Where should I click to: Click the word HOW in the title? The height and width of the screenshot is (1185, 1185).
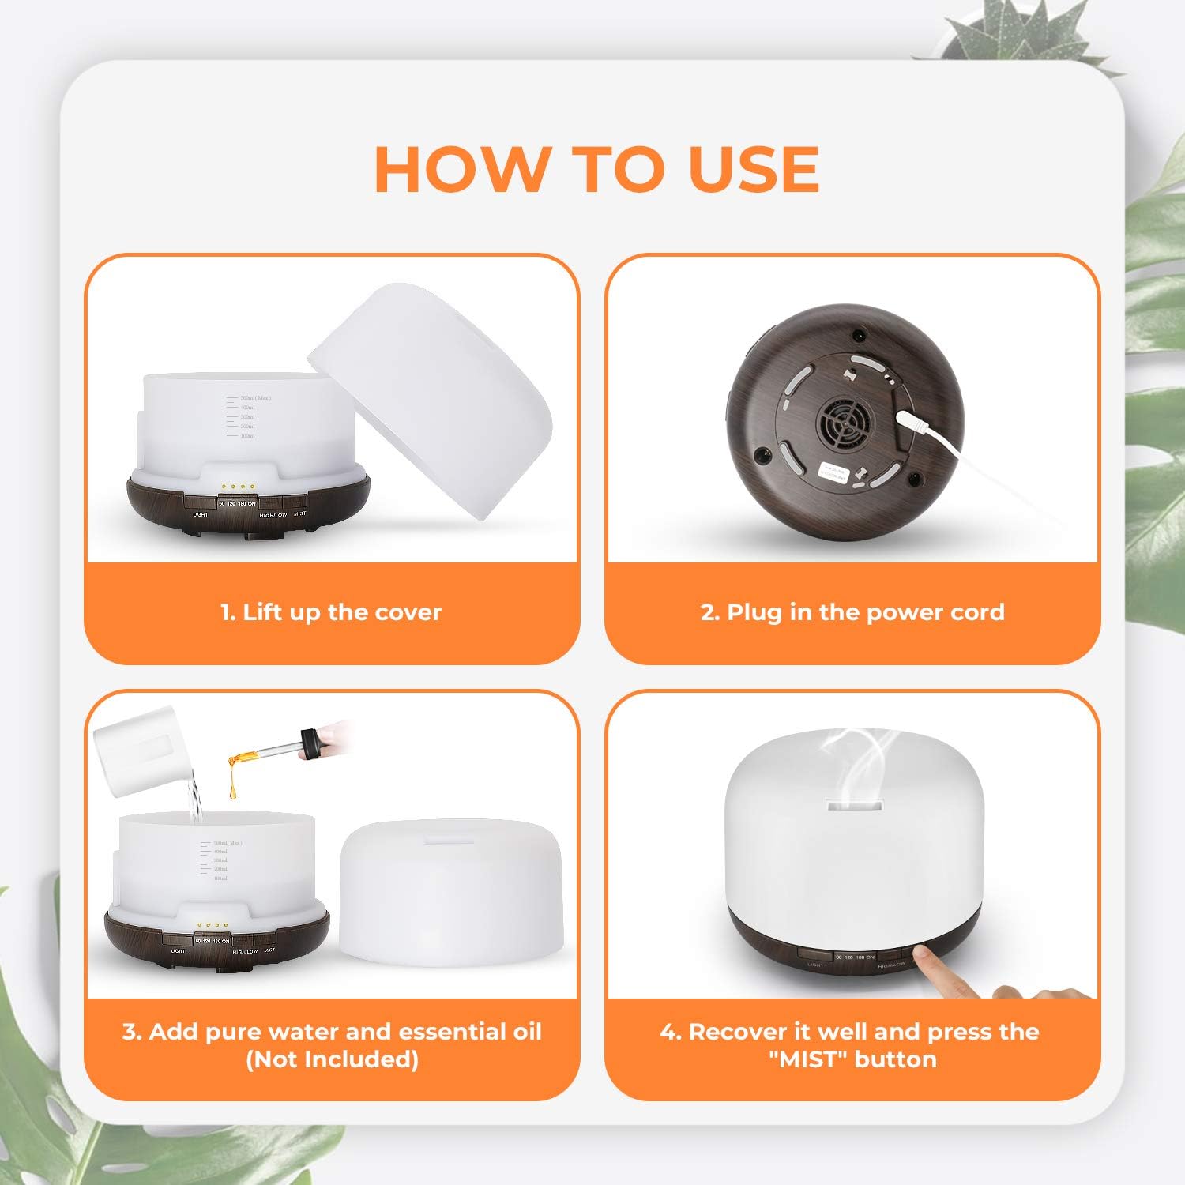tap(461, 169)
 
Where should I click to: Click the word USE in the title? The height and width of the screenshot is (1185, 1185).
tap(754, 169)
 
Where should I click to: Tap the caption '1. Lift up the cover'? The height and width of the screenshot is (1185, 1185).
tap(331, 612)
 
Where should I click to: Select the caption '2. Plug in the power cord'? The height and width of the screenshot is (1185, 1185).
tap(852, 612)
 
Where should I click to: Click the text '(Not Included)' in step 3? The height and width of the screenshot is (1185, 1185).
tap(332, 1059)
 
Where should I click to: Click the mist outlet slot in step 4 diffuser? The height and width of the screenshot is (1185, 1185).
tap(854, 807)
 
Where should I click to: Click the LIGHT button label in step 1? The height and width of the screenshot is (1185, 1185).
tap(201, 514)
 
